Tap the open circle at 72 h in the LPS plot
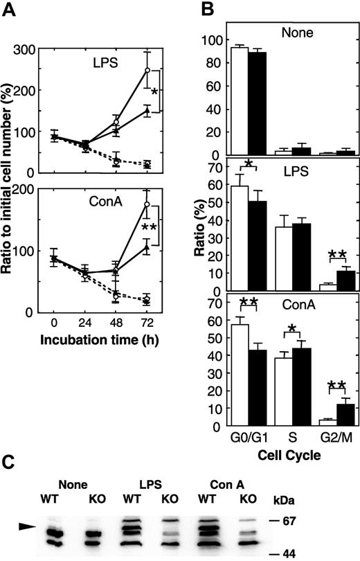click(147, 71)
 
